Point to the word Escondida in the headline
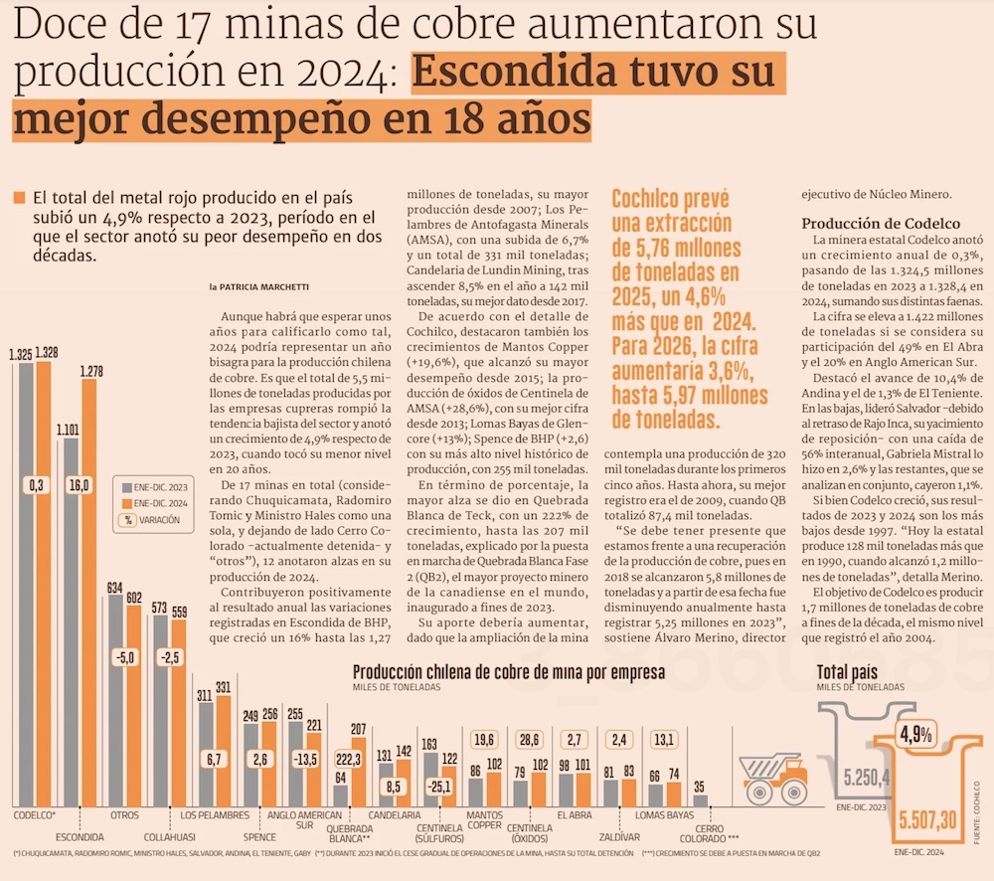point(518,76)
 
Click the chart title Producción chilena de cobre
point(508,672)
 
